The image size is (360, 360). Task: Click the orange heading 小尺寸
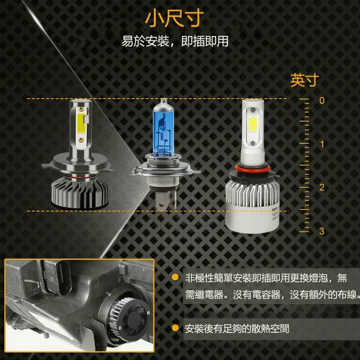coord(173,18)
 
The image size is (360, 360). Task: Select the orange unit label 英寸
coord(304,80)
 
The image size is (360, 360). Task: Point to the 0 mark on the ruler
coord(321,100)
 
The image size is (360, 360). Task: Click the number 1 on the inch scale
coord(321,144)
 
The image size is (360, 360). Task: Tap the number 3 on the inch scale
coord(321,231)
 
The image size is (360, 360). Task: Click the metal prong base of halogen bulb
coord(164,197)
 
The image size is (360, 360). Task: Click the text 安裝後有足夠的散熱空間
coord(236,328)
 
